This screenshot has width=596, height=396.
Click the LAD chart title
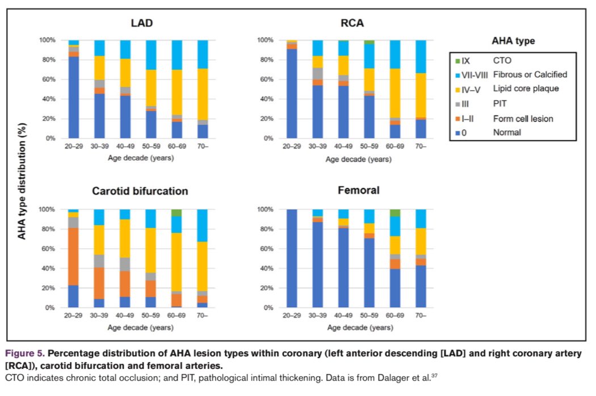141,23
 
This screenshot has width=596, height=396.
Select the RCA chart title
352,23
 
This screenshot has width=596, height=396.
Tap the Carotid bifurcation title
140,191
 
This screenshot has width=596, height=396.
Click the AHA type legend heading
513,41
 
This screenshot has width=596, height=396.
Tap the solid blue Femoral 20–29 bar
292,258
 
